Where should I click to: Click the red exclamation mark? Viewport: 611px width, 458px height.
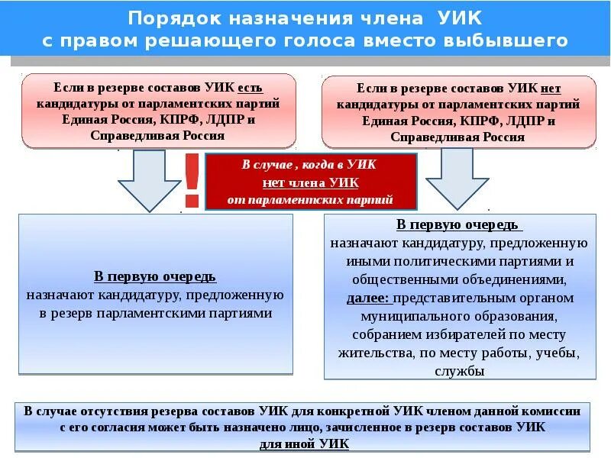[x=192, y=181]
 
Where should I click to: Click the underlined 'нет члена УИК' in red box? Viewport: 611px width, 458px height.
[x=310, y=182]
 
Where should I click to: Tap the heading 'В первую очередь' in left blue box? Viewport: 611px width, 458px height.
[x=155, y=276]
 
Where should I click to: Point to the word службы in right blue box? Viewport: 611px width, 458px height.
[x=459, y=372]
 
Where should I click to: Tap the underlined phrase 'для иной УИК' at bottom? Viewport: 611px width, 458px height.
[x=305, y=444]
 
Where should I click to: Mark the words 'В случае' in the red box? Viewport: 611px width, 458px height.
[x=263, y=164]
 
